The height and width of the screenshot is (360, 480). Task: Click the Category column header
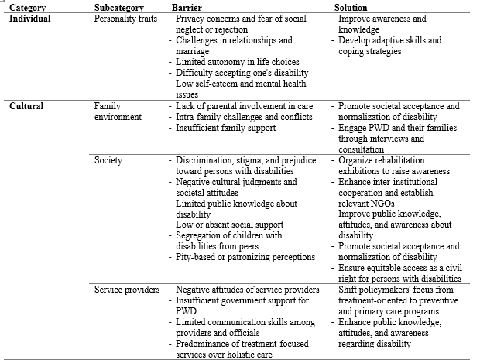(27, 8)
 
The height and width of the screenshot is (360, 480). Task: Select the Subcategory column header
(118, 8)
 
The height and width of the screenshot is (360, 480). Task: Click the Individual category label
(30, 18)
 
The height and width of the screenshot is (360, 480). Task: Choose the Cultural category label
(26, 105)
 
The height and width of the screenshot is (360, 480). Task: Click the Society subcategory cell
(108, 160)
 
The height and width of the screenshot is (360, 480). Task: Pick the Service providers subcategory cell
(126, 290)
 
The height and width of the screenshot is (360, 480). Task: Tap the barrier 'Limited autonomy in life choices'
(238, 62)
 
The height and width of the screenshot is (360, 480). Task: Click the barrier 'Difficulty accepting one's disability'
(238, 73)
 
